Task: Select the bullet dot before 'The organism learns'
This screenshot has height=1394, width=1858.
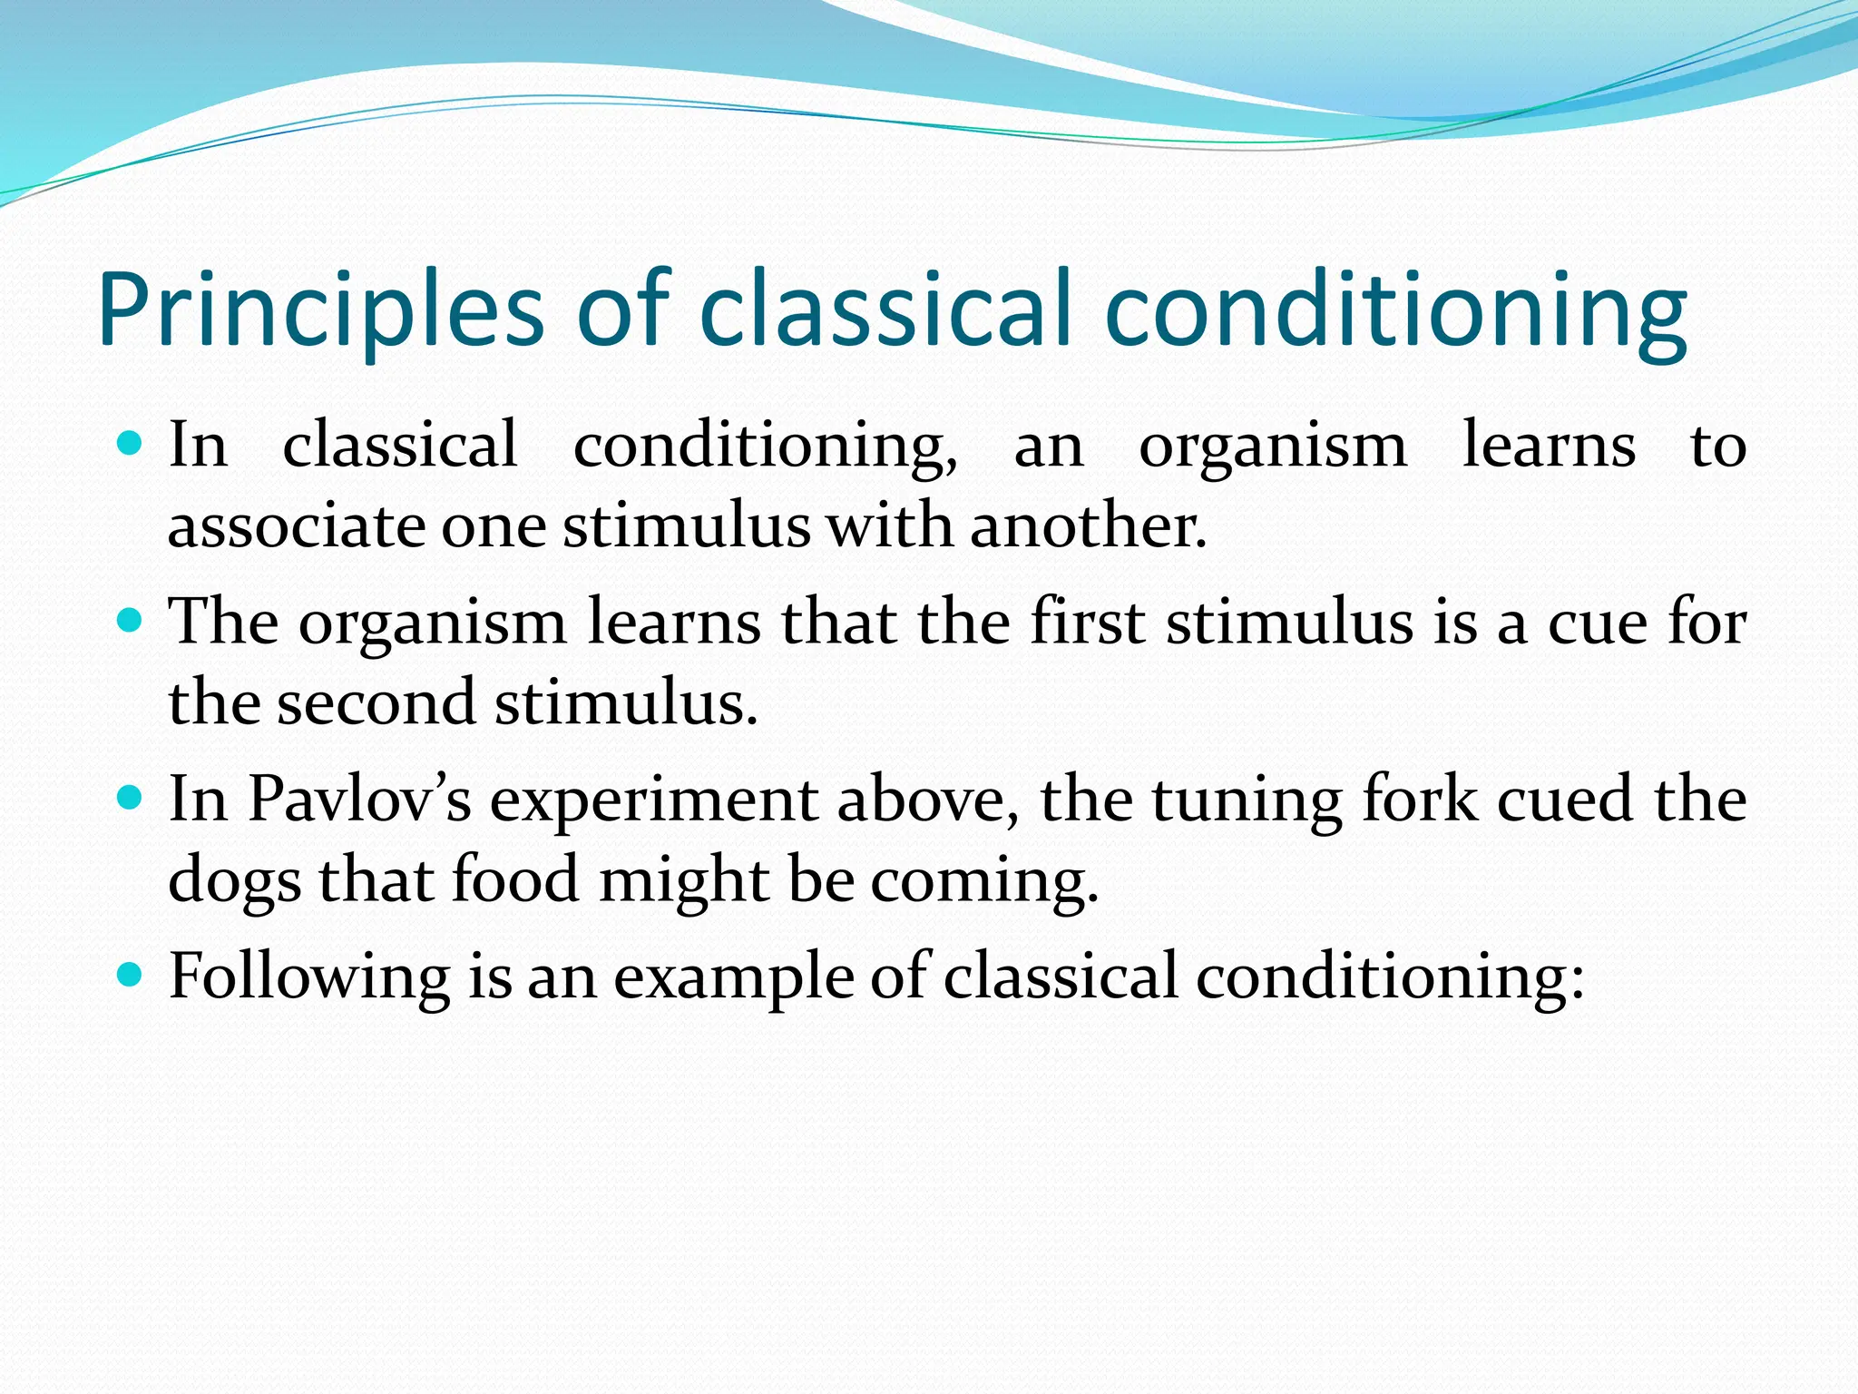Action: pyautogui.click(x=131, y=621)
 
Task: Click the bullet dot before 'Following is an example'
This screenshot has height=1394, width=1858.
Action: pyautogui.click(x=131, y=975)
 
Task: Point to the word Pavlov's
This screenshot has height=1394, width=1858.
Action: pyautogui.click(x=359, y=799)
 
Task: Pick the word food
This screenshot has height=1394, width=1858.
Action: pyautogui.click(x=514, y=879)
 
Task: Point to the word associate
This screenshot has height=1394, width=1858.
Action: pyautogui.click(x=296, y=526)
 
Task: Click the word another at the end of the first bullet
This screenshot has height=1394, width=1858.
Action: pyautogui.click(x=1087, y=526)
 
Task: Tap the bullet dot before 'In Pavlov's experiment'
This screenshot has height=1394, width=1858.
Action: pyautogui.click(x=131, y=798)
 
